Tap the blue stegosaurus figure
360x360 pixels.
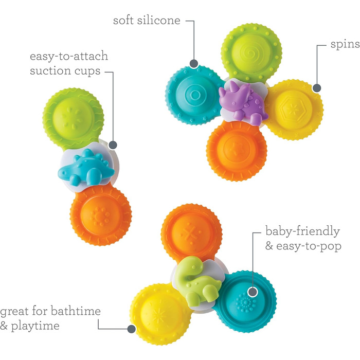click(86, 168)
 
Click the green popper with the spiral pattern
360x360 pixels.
click(251, 53)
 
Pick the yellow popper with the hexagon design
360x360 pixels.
click(294, 110)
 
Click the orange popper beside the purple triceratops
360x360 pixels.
click(237, 151)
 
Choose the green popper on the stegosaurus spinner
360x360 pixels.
click(73, 118)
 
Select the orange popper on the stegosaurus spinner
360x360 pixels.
click(101, 215)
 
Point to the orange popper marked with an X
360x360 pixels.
click(191, 233)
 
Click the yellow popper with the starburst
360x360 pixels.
click(160, 314)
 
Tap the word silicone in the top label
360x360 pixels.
click(159, 20)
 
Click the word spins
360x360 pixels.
click(345, 44)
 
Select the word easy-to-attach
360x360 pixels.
click(69, 57)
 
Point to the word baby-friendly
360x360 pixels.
click(302, 231)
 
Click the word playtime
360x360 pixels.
click(35, 326)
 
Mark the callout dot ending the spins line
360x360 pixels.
click(317, 88)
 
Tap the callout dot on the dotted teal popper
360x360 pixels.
click(253, 292)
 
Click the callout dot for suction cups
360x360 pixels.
click(113, 145)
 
